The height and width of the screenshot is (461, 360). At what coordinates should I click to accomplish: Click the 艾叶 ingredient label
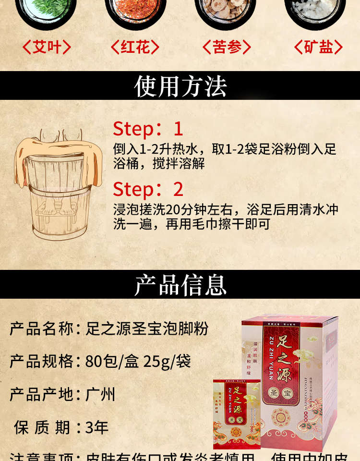(x=47, y=47)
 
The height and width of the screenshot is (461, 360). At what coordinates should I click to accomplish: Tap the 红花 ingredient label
(x=135, y=47)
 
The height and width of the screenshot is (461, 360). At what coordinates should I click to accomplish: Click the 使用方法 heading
(x=180, y=86)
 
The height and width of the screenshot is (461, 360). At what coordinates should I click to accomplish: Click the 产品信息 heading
(x=180, y=285)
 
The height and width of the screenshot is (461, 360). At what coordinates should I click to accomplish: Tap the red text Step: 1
(x=148, y=129)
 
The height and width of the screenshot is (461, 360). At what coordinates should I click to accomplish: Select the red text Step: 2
(x=148, y=189)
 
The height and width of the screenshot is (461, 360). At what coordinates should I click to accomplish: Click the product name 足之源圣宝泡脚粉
(x=147, y=329)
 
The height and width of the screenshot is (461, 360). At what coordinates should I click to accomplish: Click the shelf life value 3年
(x=97, y=427)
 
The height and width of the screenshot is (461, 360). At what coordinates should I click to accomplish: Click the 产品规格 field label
(x=42, y=361)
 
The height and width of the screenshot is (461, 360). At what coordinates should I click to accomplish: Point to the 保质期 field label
(x=43, y=427)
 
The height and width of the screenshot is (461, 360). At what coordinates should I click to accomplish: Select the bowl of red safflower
(x=135, y=10)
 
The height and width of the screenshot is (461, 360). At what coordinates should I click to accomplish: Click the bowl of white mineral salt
(x=315, y=10)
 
